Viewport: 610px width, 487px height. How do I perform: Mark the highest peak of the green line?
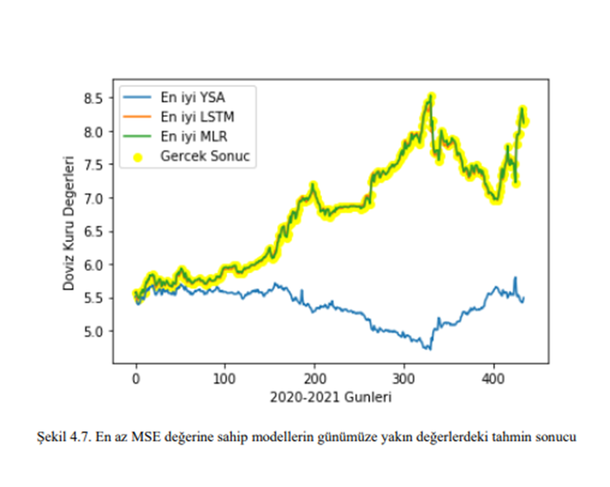pyautogui.click(x=431, y=96)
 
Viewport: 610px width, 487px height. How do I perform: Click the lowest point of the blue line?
pyautogui.click(x=430, y=349)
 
